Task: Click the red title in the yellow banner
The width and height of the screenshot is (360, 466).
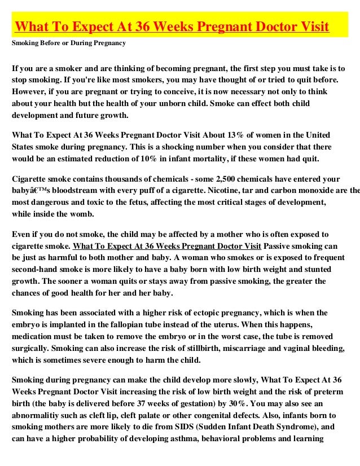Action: point(172,27)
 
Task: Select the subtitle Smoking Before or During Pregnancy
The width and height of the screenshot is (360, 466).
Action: point(69,43)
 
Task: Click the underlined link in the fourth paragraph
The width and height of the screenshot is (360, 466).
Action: point(168,245)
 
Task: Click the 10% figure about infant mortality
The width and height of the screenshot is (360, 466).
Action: point(164,159)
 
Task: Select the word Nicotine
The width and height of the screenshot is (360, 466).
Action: point(216,190)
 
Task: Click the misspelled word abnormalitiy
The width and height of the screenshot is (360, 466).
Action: point(36,416)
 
